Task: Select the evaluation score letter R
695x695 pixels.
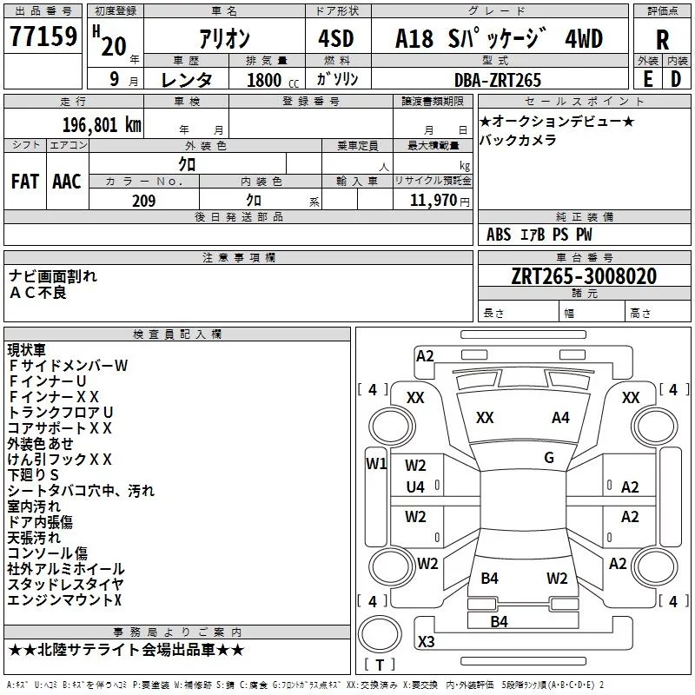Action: coord(662,41)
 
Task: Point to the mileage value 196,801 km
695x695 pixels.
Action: coord(103,124)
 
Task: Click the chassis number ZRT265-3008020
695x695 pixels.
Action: coord(584,276)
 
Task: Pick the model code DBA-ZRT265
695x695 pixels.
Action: coord(498,80)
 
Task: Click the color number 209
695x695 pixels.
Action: coord(143,202)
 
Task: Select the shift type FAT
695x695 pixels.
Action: coord(25,182)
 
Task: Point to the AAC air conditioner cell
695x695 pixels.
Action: coord(67,182)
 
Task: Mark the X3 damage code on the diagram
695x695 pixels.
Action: coord(426,641)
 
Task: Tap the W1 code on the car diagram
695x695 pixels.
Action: coord(375,463)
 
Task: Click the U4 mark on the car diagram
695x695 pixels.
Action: coord(415,487)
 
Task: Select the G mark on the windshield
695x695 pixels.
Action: coord(548,458)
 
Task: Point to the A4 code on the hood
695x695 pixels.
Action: coord(560,418)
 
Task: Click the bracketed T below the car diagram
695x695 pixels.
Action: coord(380,665)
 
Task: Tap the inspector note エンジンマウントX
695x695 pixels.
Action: coord(65,599)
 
